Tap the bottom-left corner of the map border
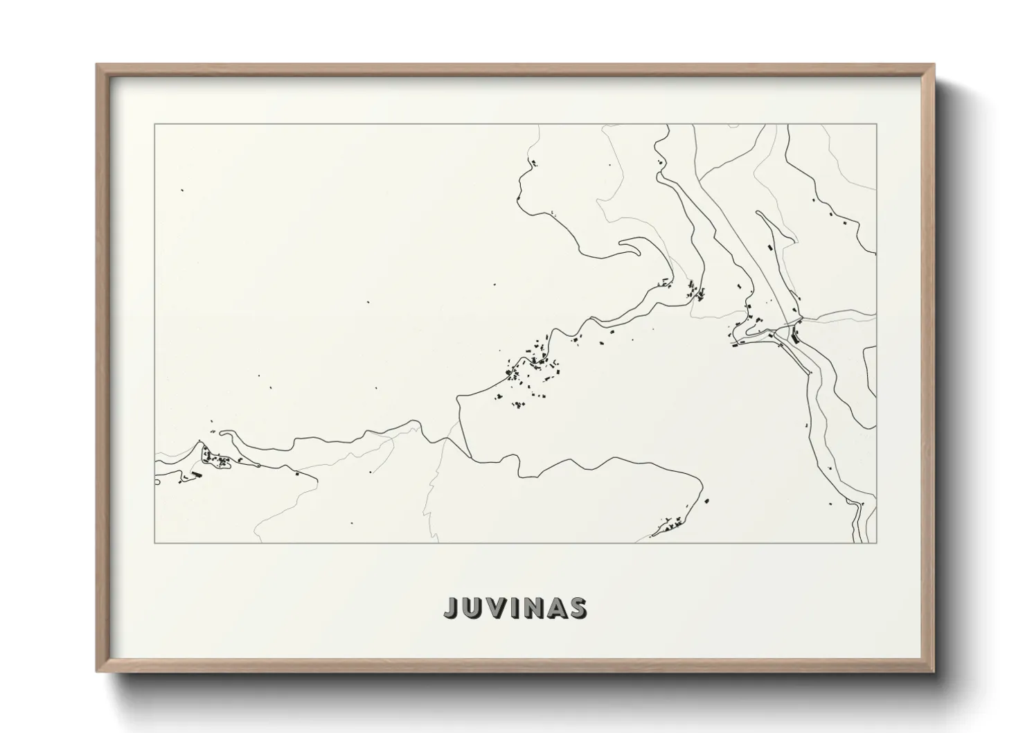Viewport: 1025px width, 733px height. [x=155, y=542]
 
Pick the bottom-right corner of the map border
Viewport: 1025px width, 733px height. [x=877, y=542]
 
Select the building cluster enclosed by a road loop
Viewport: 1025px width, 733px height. [x=216, y=458]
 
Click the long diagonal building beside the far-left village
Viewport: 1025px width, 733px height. [x=195, y=475]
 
